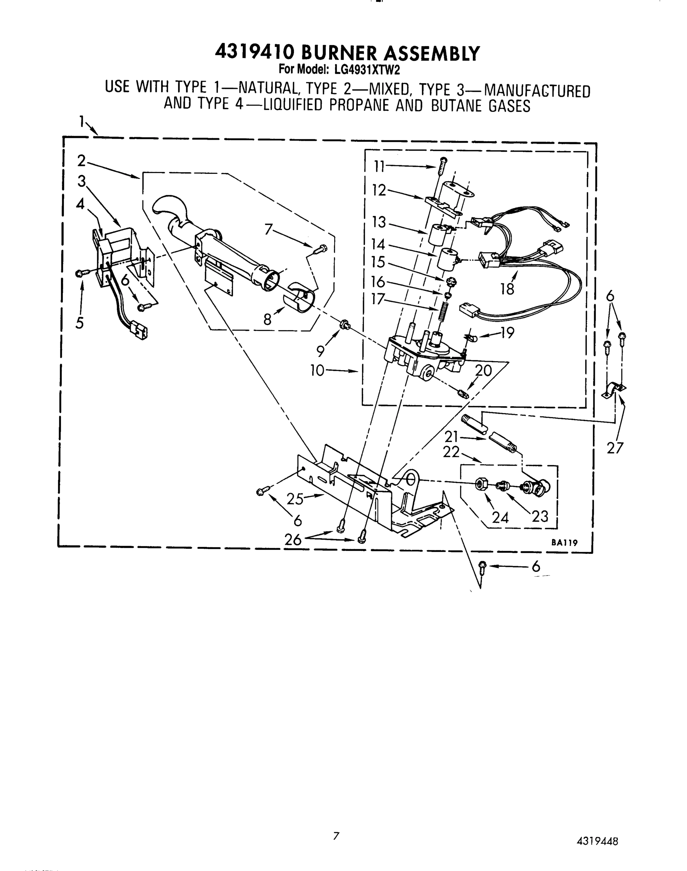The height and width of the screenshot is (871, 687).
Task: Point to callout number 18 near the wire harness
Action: tap(508, 289)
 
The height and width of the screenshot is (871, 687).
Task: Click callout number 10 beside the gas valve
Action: tap(317, 371)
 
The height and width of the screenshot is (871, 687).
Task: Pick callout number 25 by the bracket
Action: tap(295, 499)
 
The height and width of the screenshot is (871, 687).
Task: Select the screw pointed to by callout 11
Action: tap(442, 165)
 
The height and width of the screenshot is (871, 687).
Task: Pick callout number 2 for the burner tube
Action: tap(82, 161)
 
